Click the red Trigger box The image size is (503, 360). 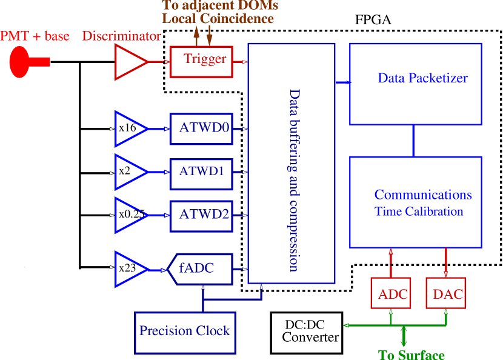point(201,61)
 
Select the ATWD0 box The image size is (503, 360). point(201,128)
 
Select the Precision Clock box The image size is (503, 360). point(185,332)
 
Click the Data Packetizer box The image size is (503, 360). point(415,84)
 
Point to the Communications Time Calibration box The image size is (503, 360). point(415,202)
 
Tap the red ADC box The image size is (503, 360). point(391,293)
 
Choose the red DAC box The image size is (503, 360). point(446,293)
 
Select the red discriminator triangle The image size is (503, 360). point(130,62)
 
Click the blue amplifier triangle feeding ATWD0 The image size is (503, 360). point(130,129)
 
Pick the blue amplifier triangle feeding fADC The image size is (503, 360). point(130,268)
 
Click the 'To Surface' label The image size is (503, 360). point(411,355)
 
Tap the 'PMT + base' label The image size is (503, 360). point(35,36)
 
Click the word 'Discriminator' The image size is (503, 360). point(121,36)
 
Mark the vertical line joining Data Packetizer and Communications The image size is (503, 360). point(413,141)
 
